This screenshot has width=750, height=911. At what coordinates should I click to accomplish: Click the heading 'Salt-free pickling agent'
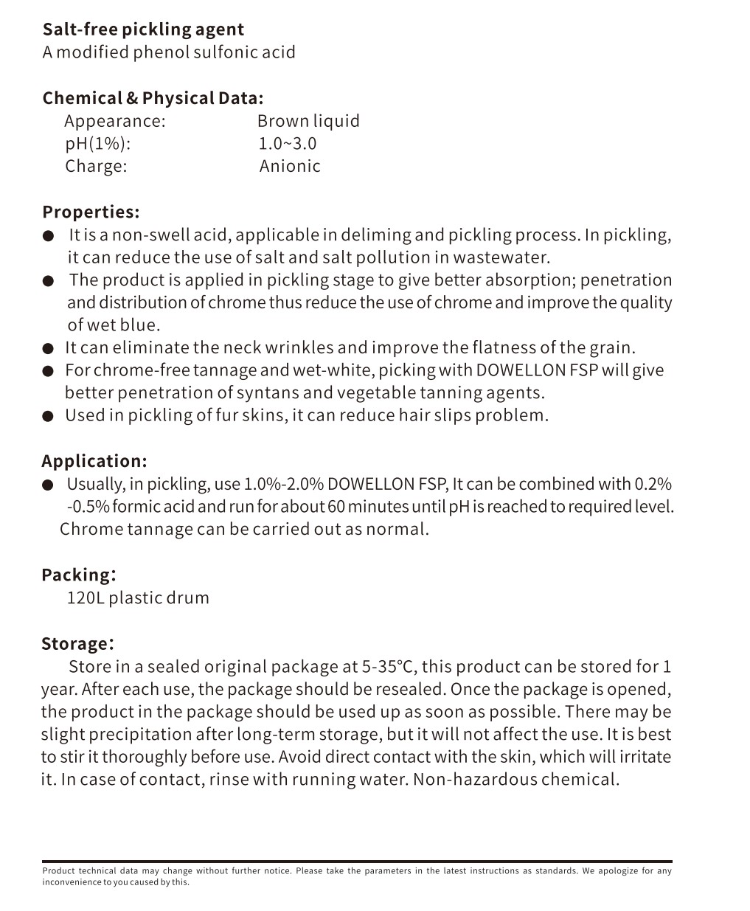coord(143,30)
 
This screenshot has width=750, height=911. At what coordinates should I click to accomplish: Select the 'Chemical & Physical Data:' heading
coord(153,98)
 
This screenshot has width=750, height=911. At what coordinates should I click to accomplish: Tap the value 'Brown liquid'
coord(308,121)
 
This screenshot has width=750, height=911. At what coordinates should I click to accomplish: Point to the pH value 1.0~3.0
coord(287,144)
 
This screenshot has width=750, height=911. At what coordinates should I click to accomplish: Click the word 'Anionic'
coord(290,166)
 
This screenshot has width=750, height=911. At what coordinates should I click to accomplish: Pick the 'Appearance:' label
coord(115,121)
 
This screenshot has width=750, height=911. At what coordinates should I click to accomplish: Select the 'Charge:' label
coord(96,166)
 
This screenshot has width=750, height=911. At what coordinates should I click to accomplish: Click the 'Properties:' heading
coord(91,212)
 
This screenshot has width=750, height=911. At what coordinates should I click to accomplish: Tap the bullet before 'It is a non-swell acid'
coord(49,236)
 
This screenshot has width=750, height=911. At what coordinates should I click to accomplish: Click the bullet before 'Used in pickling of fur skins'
coord(49,416)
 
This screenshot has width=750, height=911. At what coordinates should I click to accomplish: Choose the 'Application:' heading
coord(94,461)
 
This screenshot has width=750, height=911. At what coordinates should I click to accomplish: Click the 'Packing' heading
coord(77,575)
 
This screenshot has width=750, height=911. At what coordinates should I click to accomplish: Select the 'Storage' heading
coord(75,643)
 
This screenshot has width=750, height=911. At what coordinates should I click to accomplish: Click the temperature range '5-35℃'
coord(389,667)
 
